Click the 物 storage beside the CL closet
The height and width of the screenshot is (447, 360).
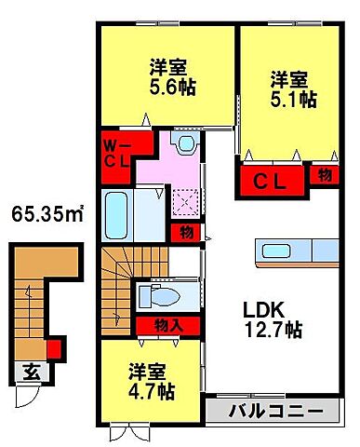coord(325,173)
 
